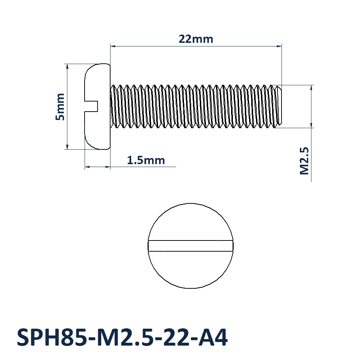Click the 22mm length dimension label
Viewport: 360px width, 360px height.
pos(196,39)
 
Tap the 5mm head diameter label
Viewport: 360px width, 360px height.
pos(60,107)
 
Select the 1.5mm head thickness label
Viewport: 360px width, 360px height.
pos(146,160)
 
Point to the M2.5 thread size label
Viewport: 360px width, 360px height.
pos(305,161)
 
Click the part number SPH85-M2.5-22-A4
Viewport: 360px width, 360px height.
pos(122,337)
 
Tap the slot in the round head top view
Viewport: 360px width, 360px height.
pos(190,246)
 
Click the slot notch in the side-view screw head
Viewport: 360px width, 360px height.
pos(91,106)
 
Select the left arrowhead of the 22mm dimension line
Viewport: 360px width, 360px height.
pos(113,46)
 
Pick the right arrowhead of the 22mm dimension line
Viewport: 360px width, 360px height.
pos(279,46)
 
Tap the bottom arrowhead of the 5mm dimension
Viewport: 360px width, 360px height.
pos(67,147)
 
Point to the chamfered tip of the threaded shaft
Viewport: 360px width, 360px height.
pos(278,106)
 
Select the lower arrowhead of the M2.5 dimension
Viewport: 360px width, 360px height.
pos(311,125)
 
